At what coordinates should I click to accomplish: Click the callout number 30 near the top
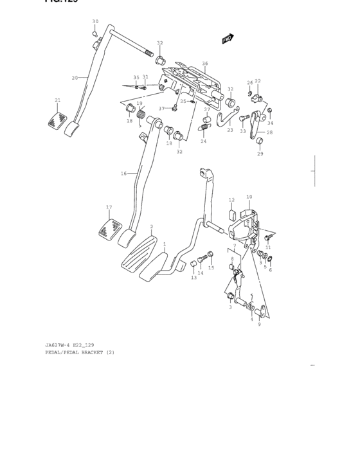click(x=95, y=21)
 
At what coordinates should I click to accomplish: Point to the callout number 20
click(x=75, y=78)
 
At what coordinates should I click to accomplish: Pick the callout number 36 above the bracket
click(x=205, y=63)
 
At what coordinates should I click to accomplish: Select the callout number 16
click(x=123, y=174)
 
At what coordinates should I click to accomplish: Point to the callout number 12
click(x=231, y=200)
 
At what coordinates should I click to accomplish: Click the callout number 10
click(x=249, y=197)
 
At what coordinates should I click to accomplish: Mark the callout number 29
click(x=260, y=154)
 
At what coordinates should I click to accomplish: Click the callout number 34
click(x=271, y=123)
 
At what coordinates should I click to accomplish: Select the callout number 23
click(x=230, y=130)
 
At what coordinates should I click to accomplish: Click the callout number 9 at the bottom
click(x=258, y=325)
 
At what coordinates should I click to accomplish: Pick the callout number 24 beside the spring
click(x=203, y=141)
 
